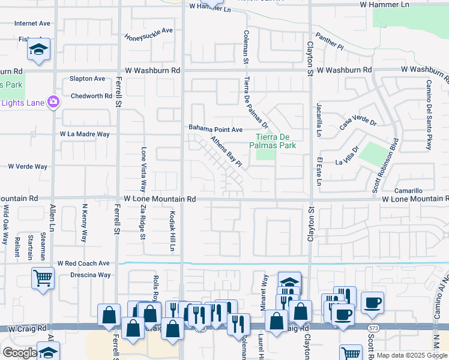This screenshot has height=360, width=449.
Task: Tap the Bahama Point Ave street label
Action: pos(215,129)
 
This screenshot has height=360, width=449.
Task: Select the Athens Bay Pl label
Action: pos(226,152)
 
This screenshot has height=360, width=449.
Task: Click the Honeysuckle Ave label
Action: pos(148,34)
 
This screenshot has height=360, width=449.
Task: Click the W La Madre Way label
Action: pos(85,134)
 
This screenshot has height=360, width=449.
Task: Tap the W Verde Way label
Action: pos(27,166)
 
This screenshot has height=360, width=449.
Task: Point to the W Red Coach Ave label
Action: pos(83,263)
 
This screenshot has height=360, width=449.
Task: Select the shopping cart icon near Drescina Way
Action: pos(43,277)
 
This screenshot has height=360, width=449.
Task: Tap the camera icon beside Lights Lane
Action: pos(53,102)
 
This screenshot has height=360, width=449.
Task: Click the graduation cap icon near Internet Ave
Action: pos(40,49)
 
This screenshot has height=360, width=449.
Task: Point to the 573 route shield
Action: pos(373,327)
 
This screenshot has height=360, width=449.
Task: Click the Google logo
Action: pos(20,353)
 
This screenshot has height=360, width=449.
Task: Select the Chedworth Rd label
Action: pos(91,96)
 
